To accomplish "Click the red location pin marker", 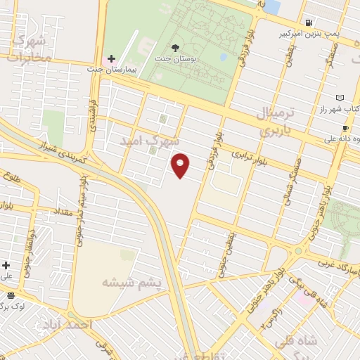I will [181, 165].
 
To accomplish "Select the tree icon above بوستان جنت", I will [174, 49].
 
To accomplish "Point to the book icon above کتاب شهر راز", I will [340, 97].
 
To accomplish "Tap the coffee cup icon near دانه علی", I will [345, 128].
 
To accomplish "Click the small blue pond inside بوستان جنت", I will [223, 56].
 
